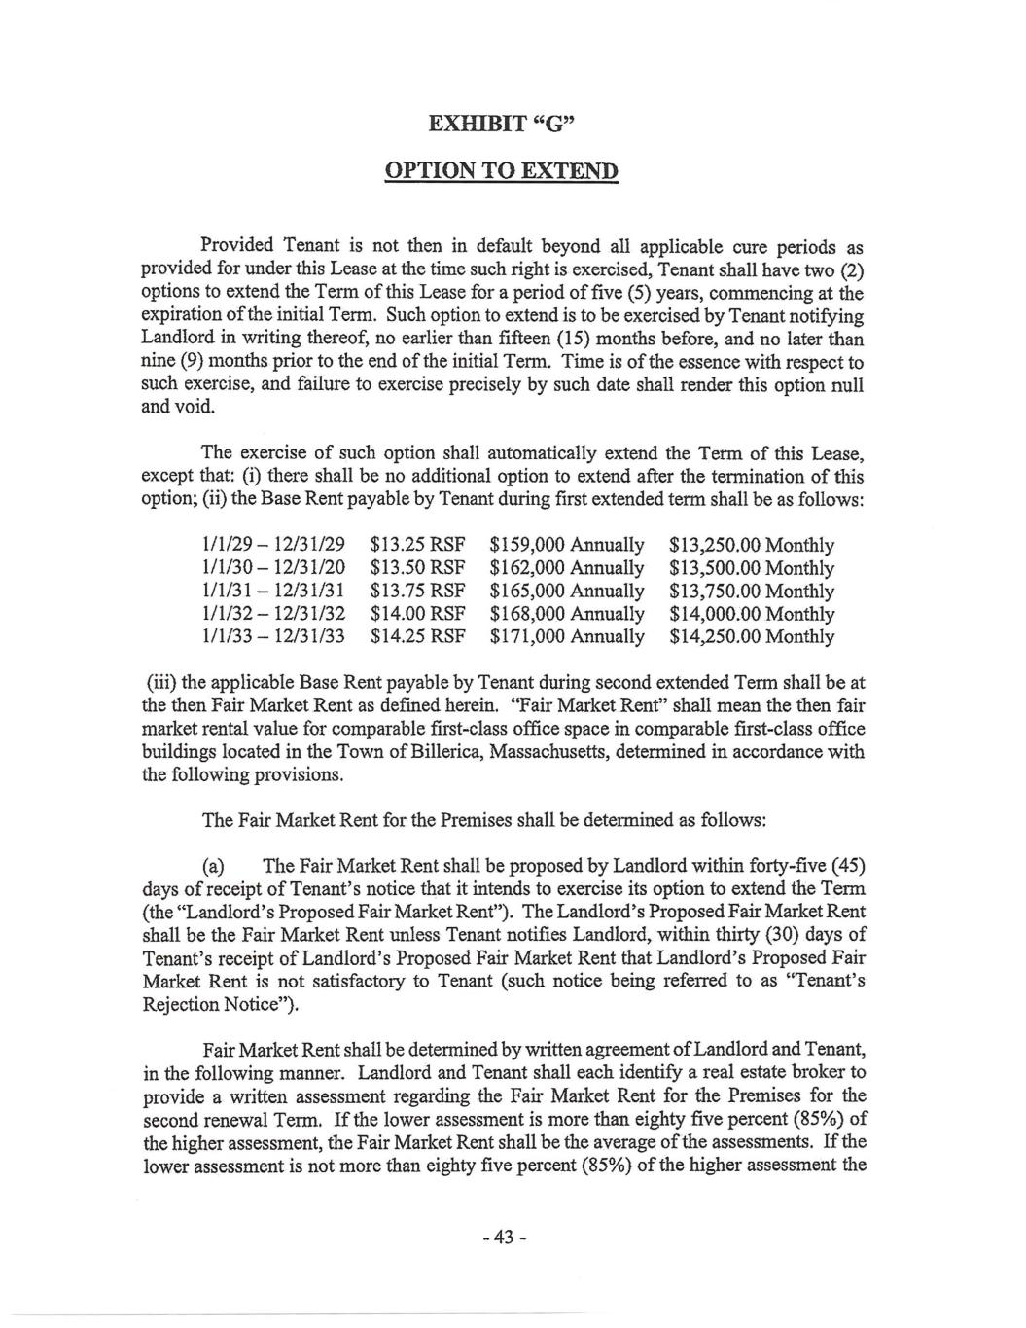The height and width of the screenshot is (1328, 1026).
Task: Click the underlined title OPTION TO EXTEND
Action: coord(513,171)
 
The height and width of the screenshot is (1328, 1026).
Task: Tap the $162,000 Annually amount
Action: coord(567,568)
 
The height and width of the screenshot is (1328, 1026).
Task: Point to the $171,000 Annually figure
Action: coord(567,637)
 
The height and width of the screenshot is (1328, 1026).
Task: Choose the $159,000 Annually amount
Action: coord(567,546)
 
